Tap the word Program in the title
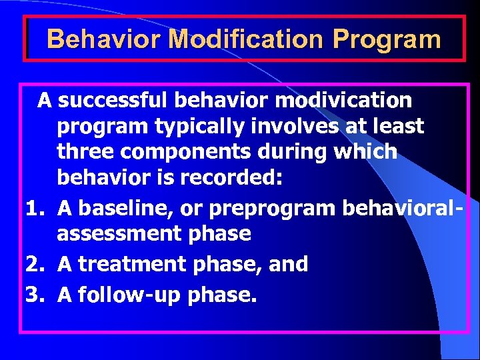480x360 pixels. (x=387, y=39)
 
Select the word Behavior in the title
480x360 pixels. (x=104, y=39)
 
